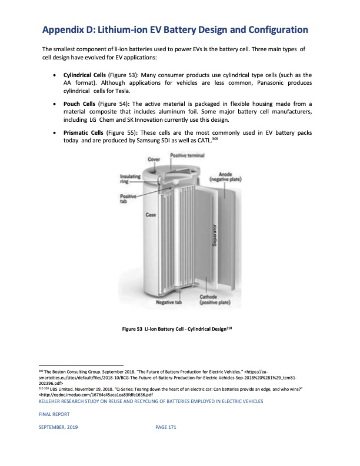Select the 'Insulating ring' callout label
[128, 178]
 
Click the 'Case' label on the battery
[150, 215]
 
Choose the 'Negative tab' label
[168, 302]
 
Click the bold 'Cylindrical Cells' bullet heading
[84, 76]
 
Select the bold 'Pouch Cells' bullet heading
[79, 104]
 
